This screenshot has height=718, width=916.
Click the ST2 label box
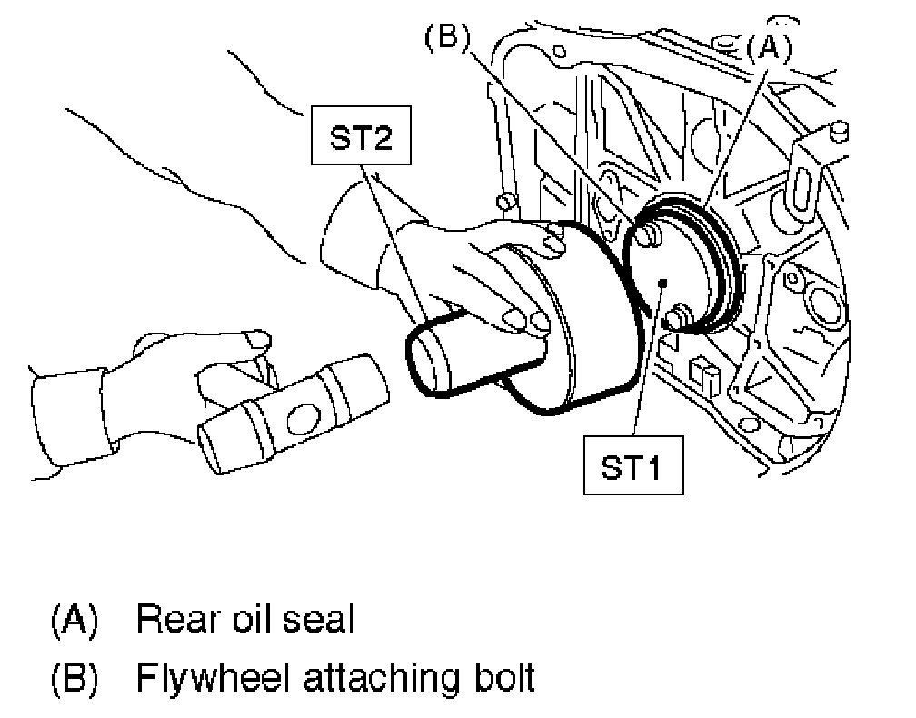[x=360, y=141]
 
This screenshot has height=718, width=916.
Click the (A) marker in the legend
[x=73, y=620]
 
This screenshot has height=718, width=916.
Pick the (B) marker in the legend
[x=73, y=678]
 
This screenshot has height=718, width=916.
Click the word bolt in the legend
[x=500, y=678]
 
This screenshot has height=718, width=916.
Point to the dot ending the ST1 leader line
[x=666, y=284]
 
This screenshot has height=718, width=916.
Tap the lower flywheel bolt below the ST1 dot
[x=675, y=320]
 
